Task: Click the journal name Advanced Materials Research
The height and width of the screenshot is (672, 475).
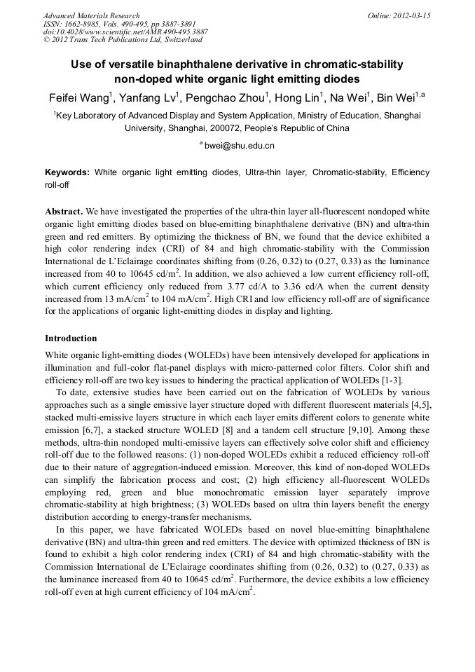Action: pos(91,15)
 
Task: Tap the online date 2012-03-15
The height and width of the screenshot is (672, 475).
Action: pos(413,15)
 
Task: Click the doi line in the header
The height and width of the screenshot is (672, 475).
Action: pos(125,32)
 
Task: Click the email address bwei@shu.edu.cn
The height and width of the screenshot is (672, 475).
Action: pos(239,146)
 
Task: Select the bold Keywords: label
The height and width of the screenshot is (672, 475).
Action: pos(67,172)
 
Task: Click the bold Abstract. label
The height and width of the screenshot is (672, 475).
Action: pos(64,211)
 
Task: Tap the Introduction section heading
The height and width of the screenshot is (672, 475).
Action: pos(71,338)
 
